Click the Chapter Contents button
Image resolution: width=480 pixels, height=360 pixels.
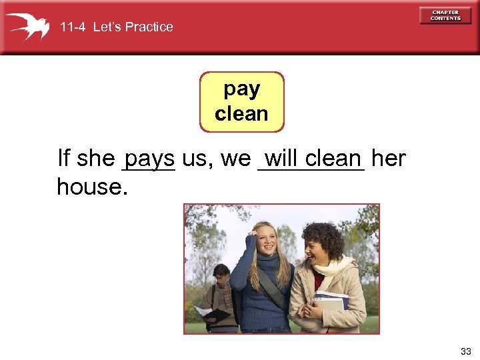click(445, 15)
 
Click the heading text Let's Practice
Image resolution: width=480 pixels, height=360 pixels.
click(133, 27)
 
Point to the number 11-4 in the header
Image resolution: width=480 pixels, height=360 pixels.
click(73, 27)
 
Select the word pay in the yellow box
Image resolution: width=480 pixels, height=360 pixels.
click(241, 89)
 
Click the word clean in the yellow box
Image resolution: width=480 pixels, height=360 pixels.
click(241, 113)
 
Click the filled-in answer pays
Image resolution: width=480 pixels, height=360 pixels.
click(149, 159)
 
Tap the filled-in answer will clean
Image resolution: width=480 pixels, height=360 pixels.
click(312, 158)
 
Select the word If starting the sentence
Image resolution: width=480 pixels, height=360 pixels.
click(64, 159)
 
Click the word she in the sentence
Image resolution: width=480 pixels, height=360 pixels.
click(95, 159)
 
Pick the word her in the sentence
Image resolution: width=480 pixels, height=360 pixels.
click(388, 158)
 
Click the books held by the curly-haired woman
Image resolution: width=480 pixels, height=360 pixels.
click(331, 302)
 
